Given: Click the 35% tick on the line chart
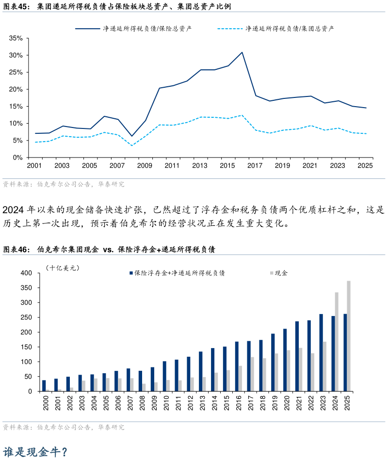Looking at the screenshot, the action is point(16,38).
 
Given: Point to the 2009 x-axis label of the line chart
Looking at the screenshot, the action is point(145,165).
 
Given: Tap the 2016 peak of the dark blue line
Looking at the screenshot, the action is point(242,52).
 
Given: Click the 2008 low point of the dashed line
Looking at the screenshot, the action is point(132,145).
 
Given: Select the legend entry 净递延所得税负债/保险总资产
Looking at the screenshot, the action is point(133,29).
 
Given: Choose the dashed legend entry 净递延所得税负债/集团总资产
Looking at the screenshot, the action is point(275,29).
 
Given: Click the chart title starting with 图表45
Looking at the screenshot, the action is point(117,6).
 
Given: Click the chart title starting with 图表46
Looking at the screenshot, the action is point(109,249).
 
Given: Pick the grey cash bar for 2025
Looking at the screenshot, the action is point(349,336).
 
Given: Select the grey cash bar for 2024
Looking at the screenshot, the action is point(337,342).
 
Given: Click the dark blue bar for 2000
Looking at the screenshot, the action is point(44,386).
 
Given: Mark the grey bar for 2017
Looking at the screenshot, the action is point(252,374).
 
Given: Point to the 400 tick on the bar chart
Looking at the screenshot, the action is point(26,273).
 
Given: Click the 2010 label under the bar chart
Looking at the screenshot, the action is point(166,403).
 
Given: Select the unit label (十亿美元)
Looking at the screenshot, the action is point(63,268).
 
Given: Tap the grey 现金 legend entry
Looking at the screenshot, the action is point(279,273).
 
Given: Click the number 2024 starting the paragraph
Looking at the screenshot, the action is point(13,210).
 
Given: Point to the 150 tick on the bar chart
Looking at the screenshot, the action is point(26,347).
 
